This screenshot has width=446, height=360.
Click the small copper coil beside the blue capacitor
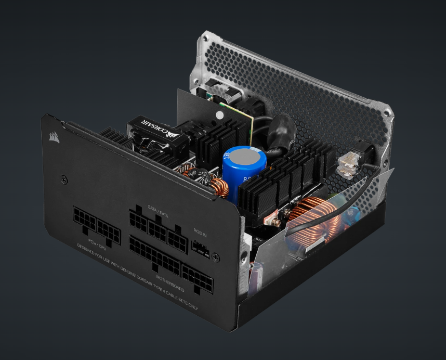[219, 187]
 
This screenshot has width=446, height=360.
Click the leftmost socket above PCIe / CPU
[84, 219]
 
